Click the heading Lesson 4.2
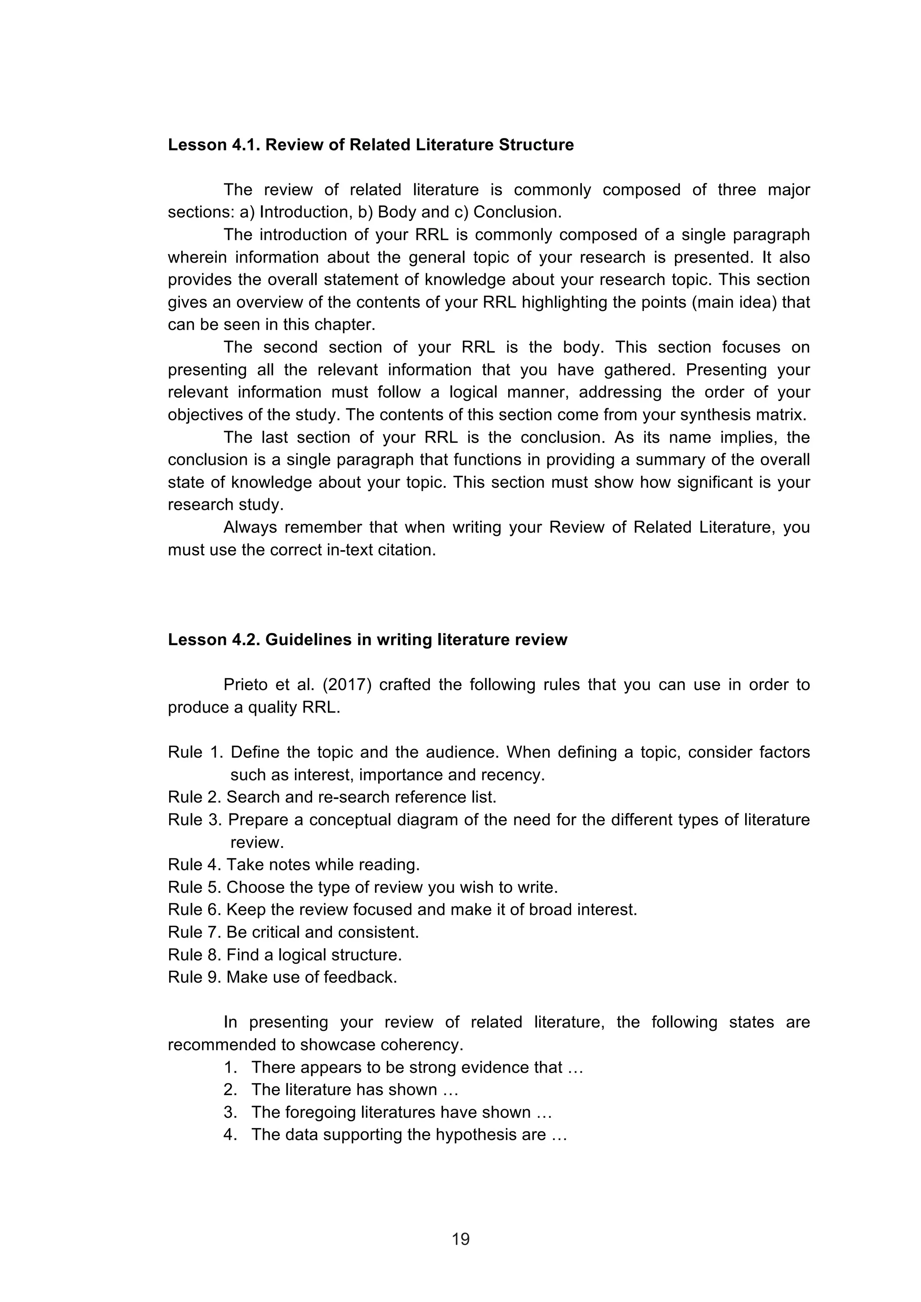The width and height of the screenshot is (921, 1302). (x=367, y=640)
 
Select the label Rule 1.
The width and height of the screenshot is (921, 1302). (x=195, y=753)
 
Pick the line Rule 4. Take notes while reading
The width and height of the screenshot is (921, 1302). (x=294, y=865)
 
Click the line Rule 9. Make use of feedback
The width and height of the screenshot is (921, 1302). (x=282, y=977)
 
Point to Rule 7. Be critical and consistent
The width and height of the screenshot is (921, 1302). (x=293, y=932)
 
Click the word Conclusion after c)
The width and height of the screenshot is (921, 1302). (x=517, y=213)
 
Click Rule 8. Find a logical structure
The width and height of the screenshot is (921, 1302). (x=285, y=955)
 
